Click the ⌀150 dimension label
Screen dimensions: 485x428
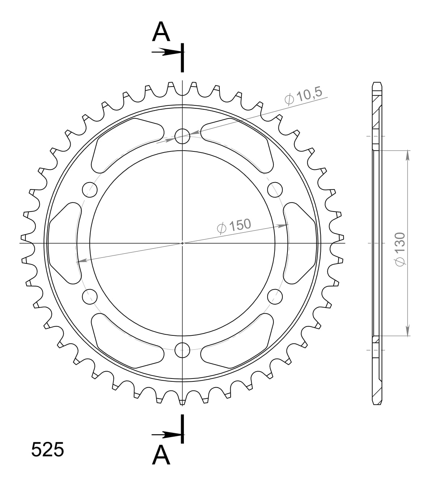click(x=234, y=226)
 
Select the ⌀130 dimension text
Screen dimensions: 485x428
click(x=400, y=250)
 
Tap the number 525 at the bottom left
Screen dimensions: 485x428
click(x=47, y=450)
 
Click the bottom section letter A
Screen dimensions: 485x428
click(x=161, y=455)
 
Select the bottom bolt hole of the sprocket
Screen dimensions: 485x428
click(x=182, y=350)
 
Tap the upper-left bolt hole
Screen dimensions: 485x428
click(x=90, y=189)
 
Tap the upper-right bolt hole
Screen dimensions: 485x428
click(x=275, y=189)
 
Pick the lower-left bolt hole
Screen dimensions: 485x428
click(x=90, y=297)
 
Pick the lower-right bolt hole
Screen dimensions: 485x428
click(x=275, y=297)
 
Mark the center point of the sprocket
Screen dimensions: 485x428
click(x=182, y=243)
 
